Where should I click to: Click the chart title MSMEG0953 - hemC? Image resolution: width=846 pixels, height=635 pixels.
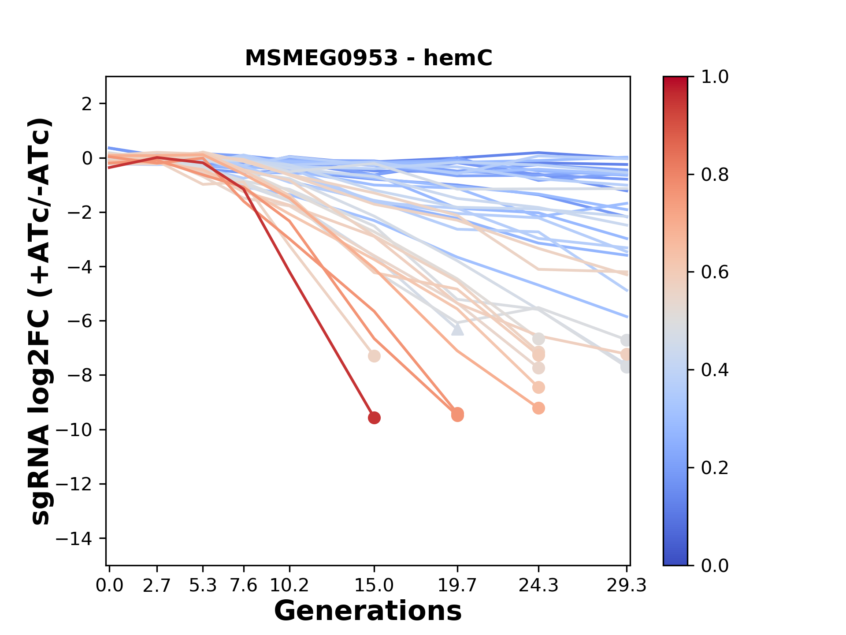[x=368, y=58]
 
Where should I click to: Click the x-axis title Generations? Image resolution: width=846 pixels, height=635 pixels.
[x=368, y=611]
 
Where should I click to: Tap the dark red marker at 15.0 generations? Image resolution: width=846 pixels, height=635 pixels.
[x=374, y=418]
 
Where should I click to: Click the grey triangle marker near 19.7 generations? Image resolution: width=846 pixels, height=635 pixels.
[x=457, y=329]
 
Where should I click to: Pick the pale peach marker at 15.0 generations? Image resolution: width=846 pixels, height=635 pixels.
[x=374, y=356]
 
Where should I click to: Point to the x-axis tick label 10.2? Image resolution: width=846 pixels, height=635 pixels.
[x=289, y=586]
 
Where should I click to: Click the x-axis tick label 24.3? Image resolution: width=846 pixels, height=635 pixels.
[x=538, y=586]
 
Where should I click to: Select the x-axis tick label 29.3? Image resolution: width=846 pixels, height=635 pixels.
[x=626, y=586]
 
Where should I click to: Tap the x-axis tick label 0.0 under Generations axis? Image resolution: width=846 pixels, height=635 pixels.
[x=109, y=586]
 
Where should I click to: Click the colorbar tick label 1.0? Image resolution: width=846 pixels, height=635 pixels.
[x=715, y=77]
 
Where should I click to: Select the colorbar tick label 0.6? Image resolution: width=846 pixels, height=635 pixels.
[x=715, y=273]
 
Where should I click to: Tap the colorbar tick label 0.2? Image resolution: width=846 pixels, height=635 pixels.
[x=715, y=468]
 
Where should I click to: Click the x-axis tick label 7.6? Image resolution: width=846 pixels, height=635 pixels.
[x=244, y=586]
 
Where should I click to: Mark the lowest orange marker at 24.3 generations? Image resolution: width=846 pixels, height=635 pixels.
[x=538, y=408]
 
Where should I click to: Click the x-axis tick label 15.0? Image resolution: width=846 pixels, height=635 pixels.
[x=374, y=586]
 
